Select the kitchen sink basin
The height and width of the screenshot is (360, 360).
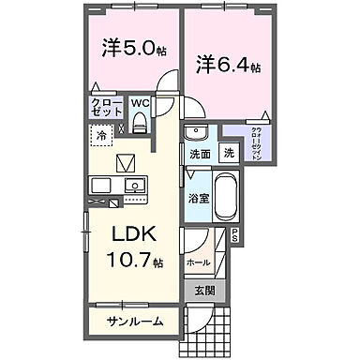(132, 183)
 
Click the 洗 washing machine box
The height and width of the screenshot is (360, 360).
(229, 154)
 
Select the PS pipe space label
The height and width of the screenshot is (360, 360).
(235, 235)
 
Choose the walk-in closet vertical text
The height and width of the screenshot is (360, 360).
(257, 144)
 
